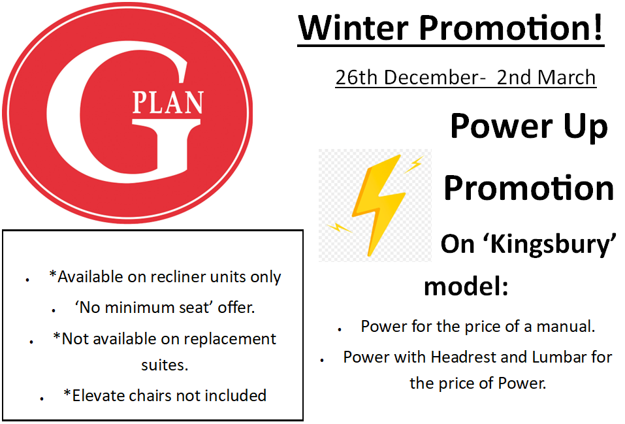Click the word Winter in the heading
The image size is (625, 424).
[353, 28]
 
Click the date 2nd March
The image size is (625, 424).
[546, 77]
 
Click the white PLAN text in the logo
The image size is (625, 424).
[168, 103]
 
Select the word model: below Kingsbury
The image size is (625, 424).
[466, 286]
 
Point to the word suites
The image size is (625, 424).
[164, 365]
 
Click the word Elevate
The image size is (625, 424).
[97, 396]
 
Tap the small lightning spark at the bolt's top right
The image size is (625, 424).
[414, 164]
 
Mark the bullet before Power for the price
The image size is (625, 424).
[340, 330]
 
